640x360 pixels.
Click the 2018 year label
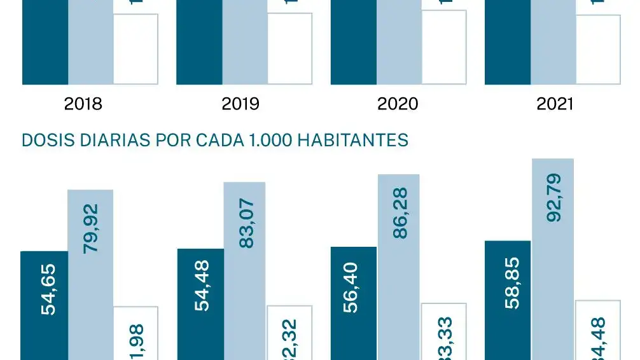pos(83,104)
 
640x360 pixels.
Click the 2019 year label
pos(240,104)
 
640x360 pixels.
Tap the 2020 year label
pos(398,104)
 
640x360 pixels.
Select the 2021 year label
pos(555,104)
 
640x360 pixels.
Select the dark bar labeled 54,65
pos(45,305)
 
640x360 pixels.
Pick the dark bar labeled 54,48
pos(200,305)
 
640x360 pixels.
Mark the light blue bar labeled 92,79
pos(553,261)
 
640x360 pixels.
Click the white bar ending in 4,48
pos(598,331)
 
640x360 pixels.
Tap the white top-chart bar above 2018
pos(136,50)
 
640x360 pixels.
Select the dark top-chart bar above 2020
pos(353,41)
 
